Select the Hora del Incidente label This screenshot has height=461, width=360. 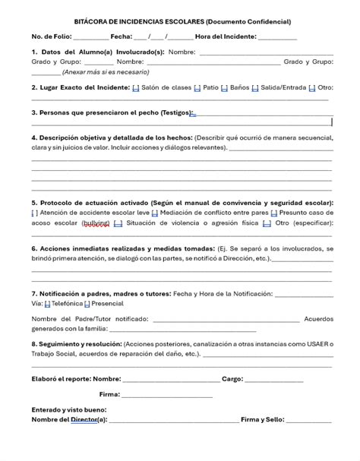pos(226,36)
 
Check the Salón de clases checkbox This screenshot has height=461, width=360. pos(135,87)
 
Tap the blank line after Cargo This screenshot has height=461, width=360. pos(273,378)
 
